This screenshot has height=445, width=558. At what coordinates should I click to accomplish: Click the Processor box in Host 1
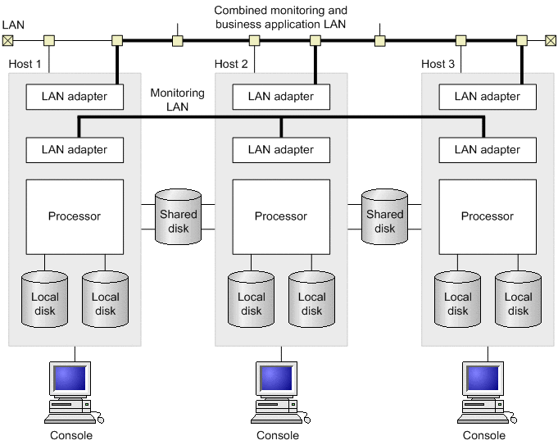tap(75, 216)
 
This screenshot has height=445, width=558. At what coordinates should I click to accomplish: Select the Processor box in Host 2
tap(281, 216)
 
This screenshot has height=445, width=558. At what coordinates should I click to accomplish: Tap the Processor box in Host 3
tap(488, 216)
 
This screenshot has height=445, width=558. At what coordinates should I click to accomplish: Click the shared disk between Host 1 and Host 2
tap(178, 216)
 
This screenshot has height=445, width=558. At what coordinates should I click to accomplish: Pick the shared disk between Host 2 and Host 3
tap(384, 216)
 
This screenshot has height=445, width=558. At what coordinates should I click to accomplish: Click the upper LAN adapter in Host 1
tap(75, 97)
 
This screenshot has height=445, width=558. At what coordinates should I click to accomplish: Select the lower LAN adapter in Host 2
tap(281, 150)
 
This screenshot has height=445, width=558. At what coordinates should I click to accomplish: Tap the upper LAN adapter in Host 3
tap(488, 97)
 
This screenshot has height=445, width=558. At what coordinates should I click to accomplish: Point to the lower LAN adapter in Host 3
tap(488, 150)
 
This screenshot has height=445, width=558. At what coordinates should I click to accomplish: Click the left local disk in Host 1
tap(44, 301)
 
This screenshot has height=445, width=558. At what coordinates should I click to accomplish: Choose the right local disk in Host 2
tap(312, 301)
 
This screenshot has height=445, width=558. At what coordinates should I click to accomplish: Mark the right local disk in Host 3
tap(519, 301)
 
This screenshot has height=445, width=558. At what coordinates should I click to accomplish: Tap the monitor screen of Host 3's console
tap(482, 379)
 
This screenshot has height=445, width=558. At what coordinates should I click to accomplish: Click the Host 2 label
tap(231, 64)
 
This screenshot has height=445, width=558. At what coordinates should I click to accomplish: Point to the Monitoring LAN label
tap(177, 99)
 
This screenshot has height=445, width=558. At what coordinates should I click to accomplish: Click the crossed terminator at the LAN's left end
tap(8, 39)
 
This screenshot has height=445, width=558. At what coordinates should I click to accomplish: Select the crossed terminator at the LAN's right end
tap(550, 39)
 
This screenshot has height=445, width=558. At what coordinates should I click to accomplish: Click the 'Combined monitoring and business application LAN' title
tap(281, 17)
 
